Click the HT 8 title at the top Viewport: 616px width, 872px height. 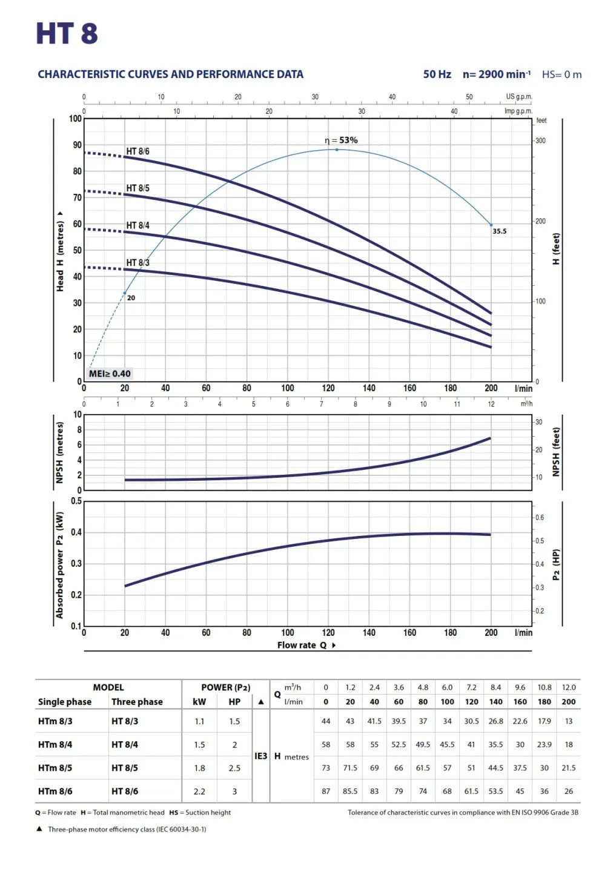tap(67, 34)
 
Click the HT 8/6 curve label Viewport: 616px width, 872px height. tap(137, 151)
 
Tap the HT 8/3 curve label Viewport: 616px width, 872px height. tap(137, 263)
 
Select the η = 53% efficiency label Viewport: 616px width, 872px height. tap(341, 140)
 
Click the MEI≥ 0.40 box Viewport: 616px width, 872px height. tap(110, 374)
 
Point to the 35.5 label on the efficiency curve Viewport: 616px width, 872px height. tap(499, 231)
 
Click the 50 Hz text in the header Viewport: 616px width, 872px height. tap(437, 74)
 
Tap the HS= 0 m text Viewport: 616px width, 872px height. tap(561, 74)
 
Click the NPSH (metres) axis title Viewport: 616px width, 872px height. tap(59, 452)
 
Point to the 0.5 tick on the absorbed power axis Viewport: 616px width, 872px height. tap(76, 501)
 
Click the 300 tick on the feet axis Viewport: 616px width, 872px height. tap(540, 140)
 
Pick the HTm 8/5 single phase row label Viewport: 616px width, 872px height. tap(55, 768)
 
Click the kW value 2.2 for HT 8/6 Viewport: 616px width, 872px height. tap(199, 791)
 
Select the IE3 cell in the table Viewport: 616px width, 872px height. tap(260, 756)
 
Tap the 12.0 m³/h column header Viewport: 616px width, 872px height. tap(569, 687)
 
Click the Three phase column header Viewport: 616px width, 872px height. tap(137, 702)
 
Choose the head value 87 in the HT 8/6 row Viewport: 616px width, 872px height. tap(326, 791)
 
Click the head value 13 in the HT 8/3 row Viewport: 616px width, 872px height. tap(569, 721)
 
